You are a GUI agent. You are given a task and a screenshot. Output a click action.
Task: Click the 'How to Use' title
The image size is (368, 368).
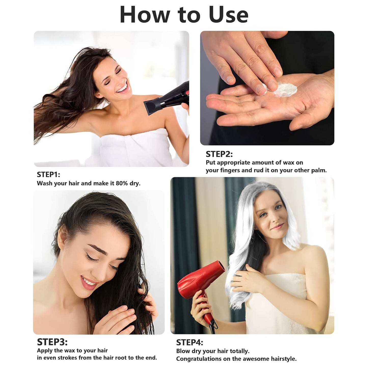pyautogui.click(x=184, y=15)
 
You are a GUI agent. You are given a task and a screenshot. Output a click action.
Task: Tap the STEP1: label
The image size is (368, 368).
pyautogui.click(x=48, y=174)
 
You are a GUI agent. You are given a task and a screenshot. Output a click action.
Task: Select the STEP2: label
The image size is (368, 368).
pyautogui.click(x=219, y=154)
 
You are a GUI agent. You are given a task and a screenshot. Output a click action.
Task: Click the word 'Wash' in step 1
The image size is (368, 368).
pyautogui.click(x=45, y=183)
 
